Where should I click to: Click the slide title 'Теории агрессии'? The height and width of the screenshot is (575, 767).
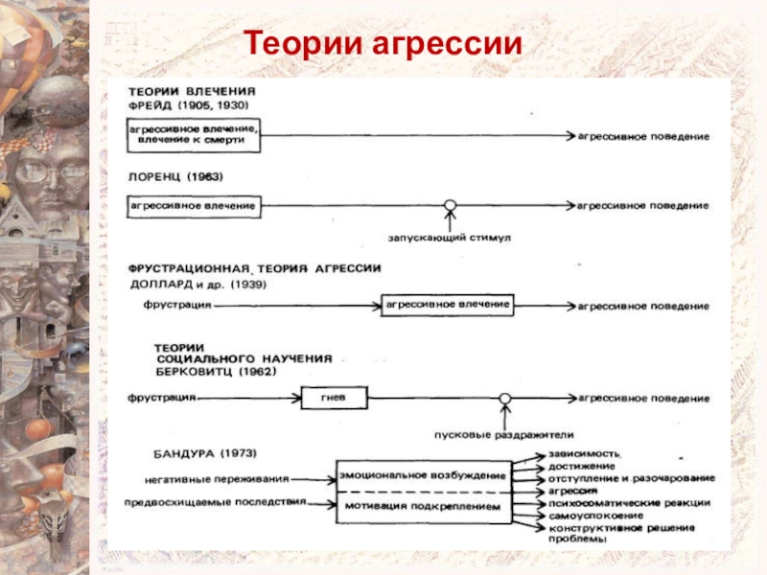coord(383,43)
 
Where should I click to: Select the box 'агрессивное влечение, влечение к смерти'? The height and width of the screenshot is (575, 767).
coord(194,135)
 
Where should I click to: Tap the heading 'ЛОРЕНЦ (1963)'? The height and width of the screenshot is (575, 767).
coord(175,176)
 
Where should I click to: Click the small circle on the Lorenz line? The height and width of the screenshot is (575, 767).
coord(450,205)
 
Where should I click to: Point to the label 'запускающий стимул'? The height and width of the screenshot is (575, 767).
coord(449,238)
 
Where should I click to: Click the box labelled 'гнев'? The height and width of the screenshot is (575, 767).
coord(334,398)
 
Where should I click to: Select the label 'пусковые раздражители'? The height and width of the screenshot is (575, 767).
coord(504,435)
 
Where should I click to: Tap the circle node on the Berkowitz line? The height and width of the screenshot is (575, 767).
coord(505,399)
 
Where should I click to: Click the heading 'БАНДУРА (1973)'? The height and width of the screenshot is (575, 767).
coord(205,453)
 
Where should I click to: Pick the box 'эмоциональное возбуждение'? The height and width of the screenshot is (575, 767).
coord(424,475)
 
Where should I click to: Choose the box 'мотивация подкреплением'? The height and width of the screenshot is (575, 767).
coord(424,507)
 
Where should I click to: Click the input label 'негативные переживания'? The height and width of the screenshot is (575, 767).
coord(217,480)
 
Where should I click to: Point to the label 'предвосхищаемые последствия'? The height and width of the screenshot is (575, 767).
coord(215,502)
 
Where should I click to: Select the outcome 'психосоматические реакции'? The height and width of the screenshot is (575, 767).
coord(630,503)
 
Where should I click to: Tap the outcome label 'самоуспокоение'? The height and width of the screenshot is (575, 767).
coord(595,516)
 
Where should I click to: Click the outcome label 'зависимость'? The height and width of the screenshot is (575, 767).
coord(585,453)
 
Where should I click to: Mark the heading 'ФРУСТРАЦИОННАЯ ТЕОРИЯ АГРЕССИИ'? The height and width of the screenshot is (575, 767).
coord(254,268)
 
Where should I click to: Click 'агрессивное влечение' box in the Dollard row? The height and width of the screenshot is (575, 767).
coord(448,305)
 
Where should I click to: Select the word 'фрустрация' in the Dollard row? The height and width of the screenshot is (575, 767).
coord(177,305)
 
